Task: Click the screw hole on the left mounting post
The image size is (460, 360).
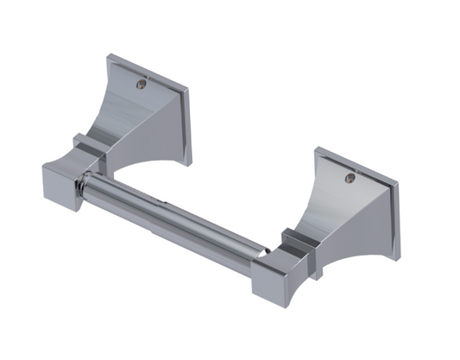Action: [142, 85]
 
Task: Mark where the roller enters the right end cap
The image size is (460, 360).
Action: [262, 251]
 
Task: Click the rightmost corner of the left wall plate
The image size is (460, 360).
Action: [191, 91]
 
